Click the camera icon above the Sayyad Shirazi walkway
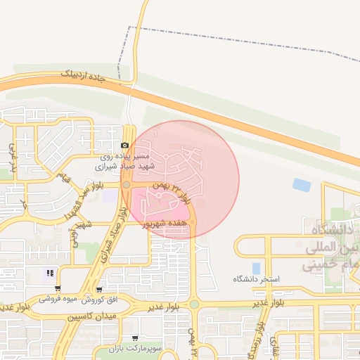point(125,145)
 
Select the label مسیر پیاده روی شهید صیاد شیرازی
point(123,161)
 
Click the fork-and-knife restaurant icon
point(49,274)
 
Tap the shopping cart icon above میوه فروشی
point(58,288)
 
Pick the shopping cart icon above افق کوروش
point(99,289)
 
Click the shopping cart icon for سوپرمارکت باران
point(135,339)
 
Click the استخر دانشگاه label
point(257,279)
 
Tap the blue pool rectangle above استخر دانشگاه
point(256,268)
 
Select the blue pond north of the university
point(302,186)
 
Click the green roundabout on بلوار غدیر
point(194,304)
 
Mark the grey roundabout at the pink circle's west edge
point(127,185)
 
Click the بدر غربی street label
point(12,160)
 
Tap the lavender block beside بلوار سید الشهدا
point(110,195)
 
